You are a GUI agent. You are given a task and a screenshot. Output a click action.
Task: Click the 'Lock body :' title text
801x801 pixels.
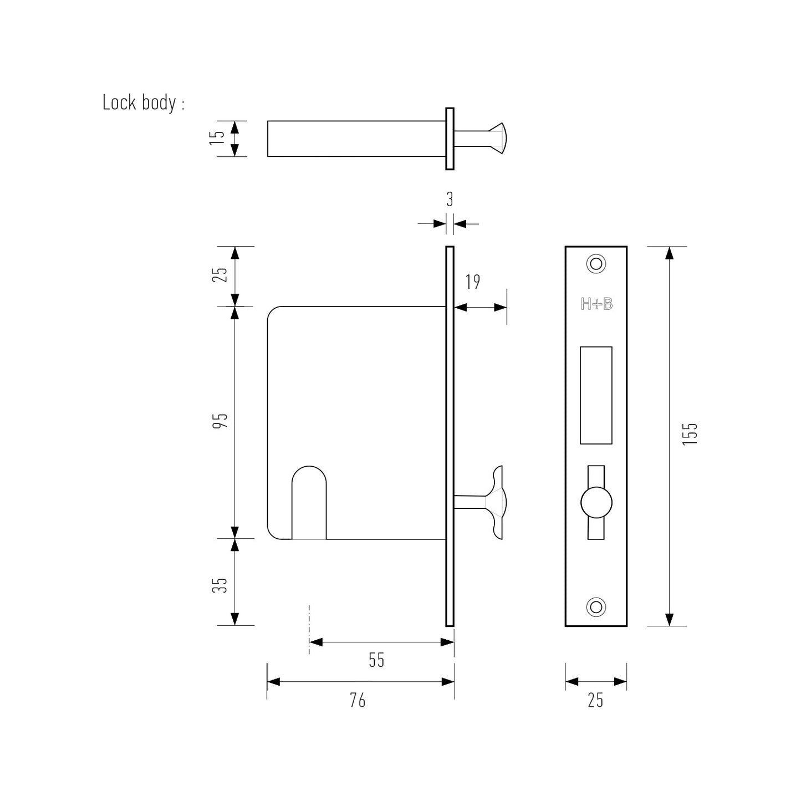tap(143, 103)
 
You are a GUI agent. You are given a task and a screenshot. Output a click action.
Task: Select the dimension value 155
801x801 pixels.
tap(690, 435)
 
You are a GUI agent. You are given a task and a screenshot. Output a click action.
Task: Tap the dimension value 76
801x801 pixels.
tap(358, 701)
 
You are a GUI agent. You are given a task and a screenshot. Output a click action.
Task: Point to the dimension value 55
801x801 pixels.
tap(376, 660)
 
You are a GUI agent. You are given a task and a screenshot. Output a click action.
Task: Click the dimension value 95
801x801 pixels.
tap(221, 421)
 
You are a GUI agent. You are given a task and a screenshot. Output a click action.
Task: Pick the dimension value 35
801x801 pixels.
tap(221, 585)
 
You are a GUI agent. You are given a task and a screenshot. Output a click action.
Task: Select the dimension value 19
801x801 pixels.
tap(472, 282)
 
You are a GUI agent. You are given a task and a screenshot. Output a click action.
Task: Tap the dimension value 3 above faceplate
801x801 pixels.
tap(450, 200)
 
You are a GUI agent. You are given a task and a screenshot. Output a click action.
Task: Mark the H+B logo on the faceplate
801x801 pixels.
tap(596, 304)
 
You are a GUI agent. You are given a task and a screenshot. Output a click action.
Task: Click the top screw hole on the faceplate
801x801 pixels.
tap(596, 264)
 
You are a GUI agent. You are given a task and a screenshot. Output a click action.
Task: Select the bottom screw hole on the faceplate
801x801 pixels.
tap(596, 606)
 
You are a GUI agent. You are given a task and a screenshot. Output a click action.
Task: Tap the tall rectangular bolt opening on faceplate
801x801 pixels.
tap(596, 395)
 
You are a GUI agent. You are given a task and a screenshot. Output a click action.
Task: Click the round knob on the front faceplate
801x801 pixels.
tap(596, 503)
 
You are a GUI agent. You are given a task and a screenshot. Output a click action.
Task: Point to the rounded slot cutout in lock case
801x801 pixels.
tap(309, 502)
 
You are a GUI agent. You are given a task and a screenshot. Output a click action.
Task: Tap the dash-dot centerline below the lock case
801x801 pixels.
tap(309, 629)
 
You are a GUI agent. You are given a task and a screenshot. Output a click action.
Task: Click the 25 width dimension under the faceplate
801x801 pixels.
tap(595, 701)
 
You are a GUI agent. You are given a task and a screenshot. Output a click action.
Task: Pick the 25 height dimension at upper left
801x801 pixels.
tap(221, 274)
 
